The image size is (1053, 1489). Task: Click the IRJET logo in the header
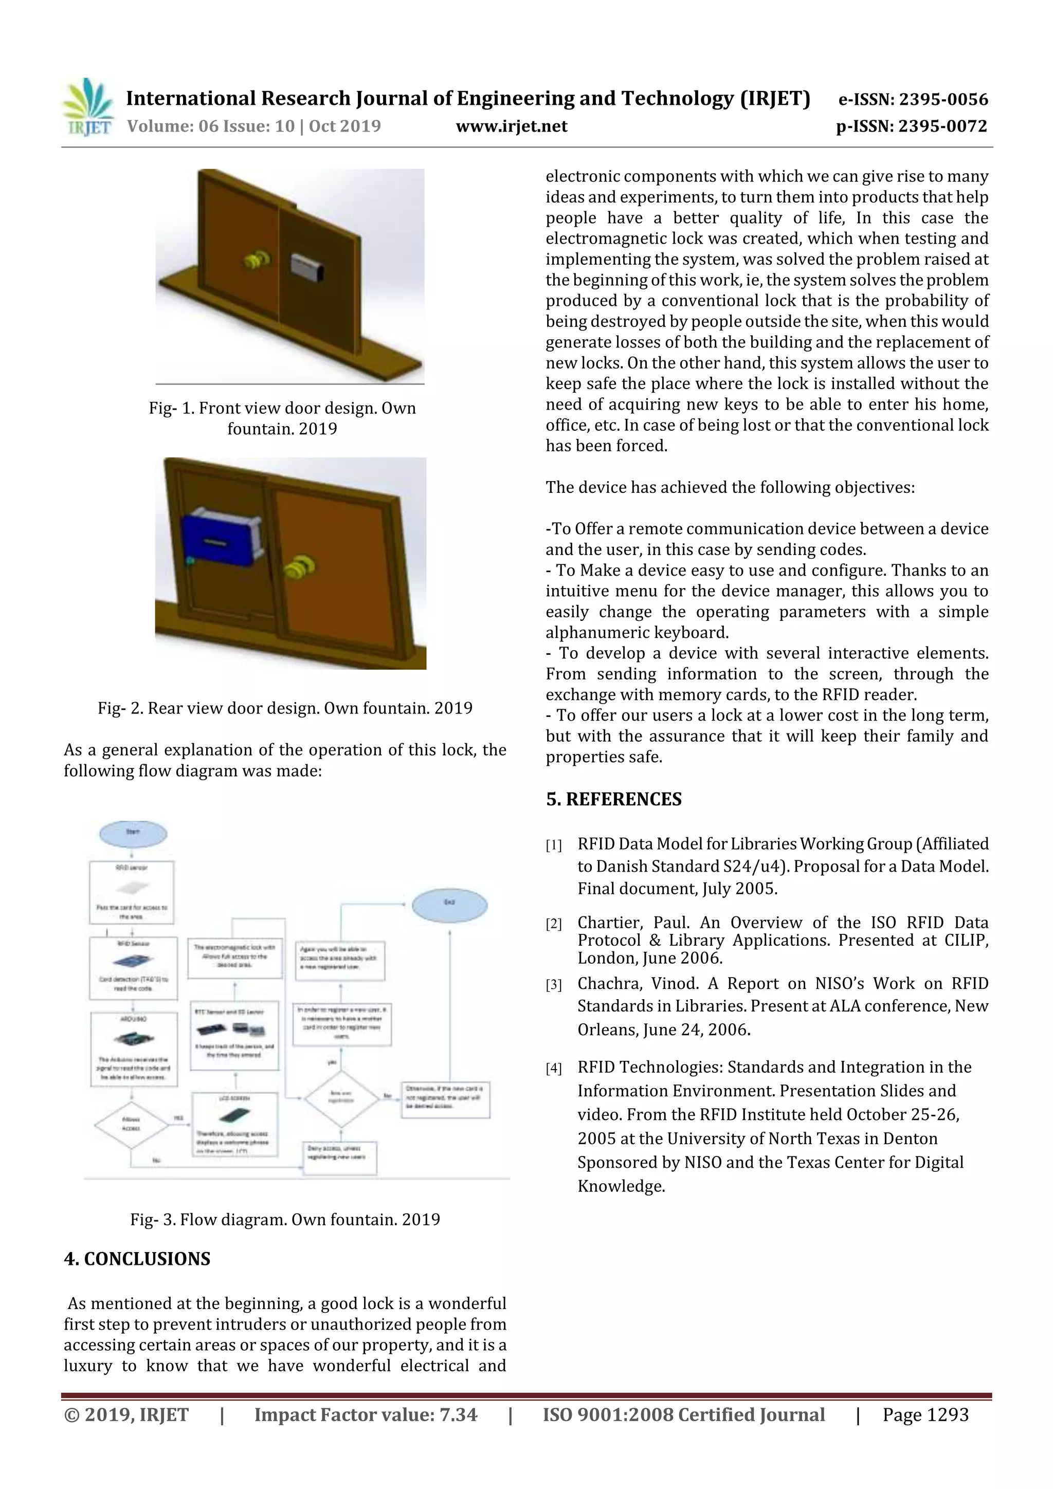click(87, 106)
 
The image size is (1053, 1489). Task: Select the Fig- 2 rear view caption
click(285, 708)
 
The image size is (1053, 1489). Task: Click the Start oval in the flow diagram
click(133, 833)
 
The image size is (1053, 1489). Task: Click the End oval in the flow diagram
click(449, 905)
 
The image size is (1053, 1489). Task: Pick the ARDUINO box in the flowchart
click(134, 1049)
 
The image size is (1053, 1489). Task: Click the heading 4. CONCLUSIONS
click(137, 1258)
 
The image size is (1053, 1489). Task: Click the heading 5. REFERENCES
click(614, 799)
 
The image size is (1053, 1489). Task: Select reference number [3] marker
click(553, 986)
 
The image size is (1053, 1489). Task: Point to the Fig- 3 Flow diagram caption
click(285, 1219)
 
